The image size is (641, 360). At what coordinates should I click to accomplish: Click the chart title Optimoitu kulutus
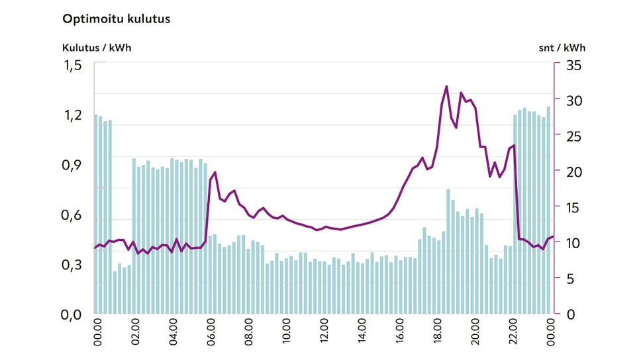(116, 19)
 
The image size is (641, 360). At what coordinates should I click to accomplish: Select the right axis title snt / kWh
(563, 48)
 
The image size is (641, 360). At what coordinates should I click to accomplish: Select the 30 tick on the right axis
(571, 101)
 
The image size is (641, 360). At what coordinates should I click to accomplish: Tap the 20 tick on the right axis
(571, 171)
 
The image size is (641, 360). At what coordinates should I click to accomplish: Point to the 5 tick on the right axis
(567, 278)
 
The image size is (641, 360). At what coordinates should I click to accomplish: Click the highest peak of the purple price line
(446, 87)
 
